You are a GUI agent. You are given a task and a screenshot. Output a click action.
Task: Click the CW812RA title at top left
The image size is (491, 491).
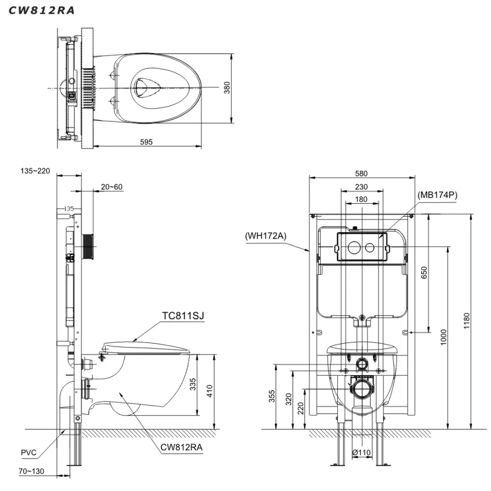pyautogui.click(x=41, y=11)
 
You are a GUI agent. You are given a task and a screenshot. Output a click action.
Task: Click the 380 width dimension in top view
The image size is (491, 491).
pyautogui.click(x=227, y=88)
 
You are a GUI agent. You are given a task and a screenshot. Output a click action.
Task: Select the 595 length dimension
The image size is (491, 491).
pyautogui.click(x=146, y=142)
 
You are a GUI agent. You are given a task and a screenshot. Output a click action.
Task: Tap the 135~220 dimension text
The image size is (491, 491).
pyautogui.click(x=35, y=171)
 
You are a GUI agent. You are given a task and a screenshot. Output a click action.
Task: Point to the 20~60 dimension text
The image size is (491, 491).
pyautogui.click(x=112, y=187)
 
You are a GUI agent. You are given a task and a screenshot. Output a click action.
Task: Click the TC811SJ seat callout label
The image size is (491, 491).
pyautogui.click(x=183, y=316)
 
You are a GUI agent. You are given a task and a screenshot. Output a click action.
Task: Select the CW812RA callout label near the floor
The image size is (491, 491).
pyautogui.click(x=181, y=448)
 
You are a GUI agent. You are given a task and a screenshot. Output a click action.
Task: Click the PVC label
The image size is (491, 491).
pyautogui.click(x=28, y=453)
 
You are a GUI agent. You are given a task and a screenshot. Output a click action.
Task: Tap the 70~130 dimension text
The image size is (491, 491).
pyautogui.click(x=31, y=471)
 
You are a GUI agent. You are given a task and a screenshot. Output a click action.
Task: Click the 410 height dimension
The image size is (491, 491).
pyautogui.click(x=209, y=391)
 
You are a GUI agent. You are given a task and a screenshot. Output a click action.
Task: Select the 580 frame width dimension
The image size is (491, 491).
pyautogui.click(x=361, y=174)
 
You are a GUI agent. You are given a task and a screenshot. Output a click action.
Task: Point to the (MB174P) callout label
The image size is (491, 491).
pyautogui.click(x=437, y=195)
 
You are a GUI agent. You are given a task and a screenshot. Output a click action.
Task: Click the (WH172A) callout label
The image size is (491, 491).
pyautogui.click(x=265, y=236)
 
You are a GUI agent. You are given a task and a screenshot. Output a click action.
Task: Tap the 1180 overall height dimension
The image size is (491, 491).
pyautogui.click(x=466, y=321)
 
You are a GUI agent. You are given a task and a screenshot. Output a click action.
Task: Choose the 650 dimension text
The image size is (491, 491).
pyautogui.click(x=424, y=273)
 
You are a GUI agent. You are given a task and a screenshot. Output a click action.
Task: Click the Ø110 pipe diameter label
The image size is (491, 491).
pyautogui.click(x=361, y=453)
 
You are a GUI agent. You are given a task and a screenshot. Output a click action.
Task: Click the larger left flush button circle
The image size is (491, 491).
pyautogui.click(x=354, y=247)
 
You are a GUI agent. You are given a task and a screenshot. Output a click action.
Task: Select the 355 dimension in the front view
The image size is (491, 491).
pyautogui.click(x=272, y=396)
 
